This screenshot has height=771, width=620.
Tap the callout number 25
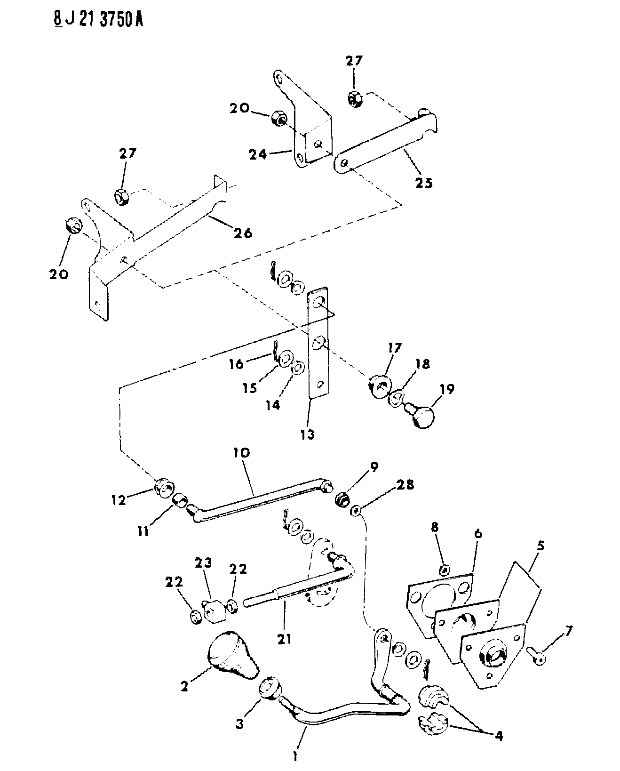(424, 183)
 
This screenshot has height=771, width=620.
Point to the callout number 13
(307, 435)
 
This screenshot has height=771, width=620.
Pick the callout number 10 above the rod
(241, 452)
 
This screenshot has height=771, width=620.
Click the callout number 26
(243, 233)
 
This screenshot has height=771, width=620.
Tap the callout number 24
(258, 155)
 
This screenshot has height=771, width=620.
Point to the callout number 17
(394, 347)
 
